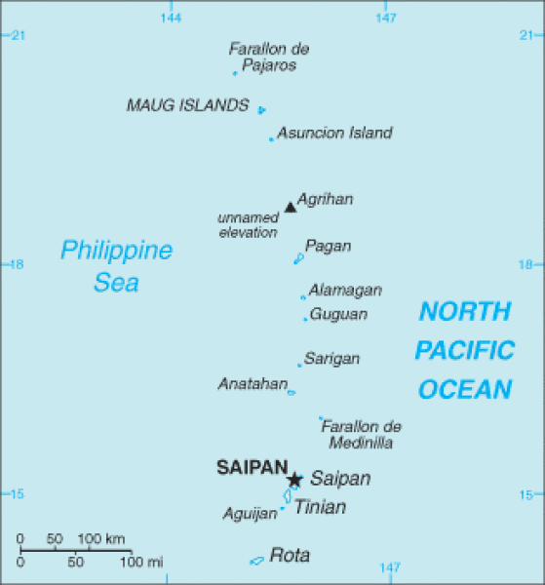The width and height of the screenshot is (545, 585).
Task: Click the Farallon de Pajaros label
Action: (x=269, y=57)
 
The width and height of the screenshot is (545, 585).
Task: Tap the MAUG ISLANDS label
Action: (x=187, y=105)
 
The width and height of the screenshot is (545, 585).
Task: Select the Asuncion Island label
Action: (x=334, y=133)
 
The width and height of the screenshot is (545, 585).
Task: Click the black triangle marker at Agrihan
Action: (x=290, y=207)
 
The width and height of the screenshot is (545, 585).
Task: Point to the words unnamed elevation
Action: (x=248, y=225)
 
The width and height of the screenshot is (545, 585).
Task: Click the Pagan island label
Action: (x=328, y=246)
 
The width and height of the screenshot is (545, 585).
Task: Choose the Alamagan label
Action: (x=345, y=291)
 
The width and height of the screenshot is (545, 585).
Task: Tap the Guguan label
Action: (x=338, y=314)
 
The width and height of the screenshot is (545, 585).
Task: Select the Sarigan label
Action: (x=331, y=359)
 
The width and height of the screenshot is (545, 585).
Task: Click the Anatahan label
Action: (x=251, y=383)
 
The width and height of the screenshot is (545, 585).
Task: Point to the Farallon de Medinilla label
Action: (x=361, y=435)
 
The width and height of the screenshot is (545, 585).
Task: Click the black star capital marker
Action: (x=294, y=479)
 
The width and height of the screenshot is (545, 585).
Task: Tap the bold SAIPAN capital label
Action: (x=253, y=467)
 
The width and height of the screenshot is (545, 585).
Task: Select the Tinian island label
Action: (x=320, y=507)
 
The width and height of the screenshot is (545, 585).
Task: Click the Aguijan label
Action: (x=250, y=514)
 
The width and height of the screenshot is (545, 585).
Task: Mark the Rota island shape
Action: (x=256, y=560)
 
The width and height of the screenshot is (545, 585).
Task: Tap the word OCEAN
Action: (x=465, y=389)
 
